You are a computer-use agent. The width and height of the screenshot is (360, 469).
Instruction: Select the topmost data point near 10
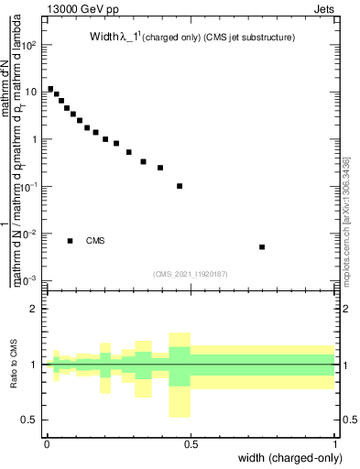click(x=50, y=89)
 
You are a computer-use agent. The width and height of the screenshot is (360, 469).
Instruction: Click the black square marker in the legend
click(x=70, y=241)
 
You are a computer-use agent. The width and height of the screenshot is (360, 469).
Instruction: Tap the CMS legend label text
click(x=95, y=241)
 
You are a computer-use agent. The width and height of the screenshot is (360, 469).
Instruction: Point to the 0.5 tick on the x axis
click(x=191, y=444)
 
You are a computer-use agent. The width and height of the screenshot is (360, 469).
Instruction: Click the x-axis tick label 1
click(x=335, y=444)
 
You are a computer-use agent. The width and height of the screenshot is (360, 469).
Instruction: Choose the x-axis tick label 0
click(x=47, y=444)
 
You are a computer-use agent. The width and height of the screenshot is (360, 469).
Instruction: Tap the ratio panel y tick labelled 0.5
click(x=30, y=420)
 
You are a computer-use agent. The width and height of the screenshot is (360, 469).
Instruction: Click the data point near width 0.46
click(x=180, y=186)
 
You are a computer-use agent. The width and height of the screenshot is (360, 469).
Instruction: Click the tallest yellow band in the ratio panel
click(x=180, y=376)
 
